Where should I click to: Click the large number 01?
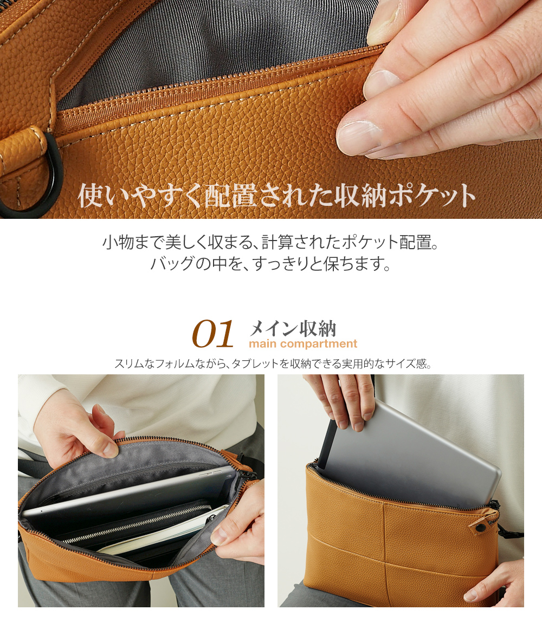(213, 335)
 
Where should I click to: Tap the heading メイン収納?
(293, 328)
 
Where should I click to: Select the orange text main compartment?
(303, 344)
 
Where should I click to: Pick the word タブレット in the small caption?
(255, 364)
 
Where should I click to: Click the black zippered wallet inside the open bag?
(135, 523)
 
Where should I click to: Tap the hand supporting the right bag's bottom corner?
(496, 582)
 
